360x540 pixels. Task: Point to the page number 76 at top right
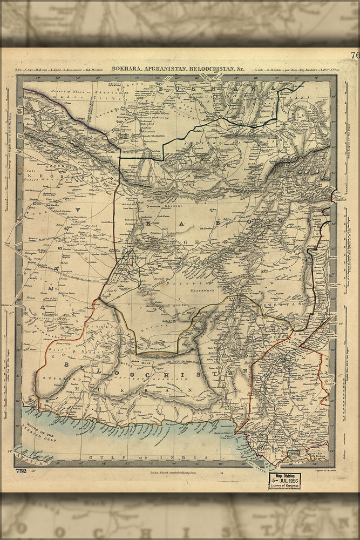click(354, 55)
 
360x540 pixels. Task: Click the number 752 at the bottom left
click(21, 470)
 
